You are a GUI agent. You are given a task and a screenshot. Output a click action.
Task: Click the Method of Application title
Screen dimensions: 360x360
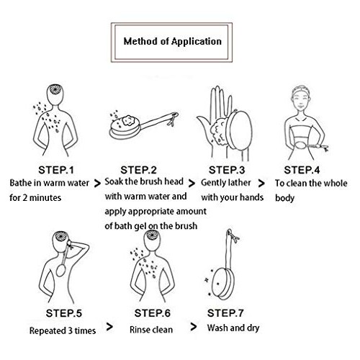172,42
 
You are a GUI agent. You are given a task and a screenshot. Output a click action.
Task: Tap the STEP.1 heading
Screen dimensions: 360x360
56,170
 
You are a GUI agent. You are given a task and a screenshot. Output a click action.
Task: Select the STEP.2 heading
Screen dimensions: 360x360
138,170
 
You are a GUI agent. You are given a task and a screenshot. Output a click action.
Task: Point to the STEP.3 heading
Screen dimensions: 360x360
227,170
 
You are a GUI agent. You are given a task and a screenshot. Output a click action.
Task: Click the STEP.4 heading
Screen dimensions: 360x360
302,170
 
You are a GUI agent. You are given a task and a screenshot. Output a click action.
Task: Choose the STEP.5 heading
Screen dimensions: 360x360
64,313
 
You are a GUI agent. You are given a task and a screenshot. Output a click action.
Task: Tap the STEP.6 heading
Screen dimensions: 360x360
153,313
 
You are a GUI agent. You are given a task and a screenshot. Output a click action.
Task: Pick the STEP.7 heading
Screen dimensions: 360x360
225,313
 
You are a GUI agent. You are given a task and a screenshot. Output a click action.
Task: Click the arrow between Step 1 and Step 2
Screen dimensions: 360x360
97,184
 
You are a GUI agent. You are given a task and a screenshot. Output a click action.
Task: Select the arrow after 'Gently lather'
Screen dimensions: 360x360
261,184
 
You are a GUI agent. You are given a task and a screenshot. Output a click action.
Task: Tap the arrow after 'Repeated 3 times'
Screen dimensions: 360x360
109,327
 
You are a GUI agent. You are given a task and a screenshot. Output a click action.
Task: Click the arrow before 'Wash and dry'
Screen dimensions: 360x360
194,327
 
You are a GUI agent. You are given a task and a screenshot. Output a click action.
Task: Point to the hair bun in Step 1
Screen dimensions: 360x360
55,89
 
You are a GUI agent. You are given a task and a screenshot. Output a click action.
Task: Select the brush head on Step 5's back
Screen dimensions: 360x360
61,270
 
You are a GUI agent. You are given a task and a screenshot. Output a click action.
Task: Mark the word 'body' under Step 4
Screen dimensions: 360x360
284,198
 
